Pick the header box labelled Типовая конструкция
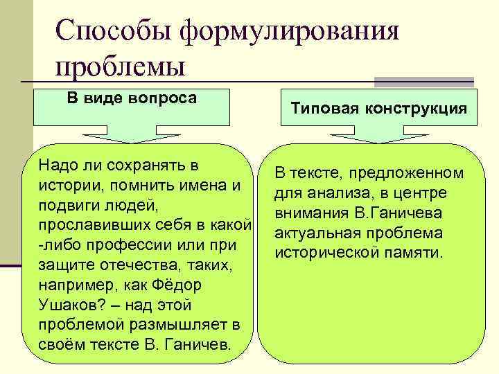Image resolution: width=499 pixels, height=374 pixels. point(378,108)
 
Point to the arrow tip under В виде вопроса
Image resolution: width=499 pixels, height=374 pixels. point(132,139)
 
